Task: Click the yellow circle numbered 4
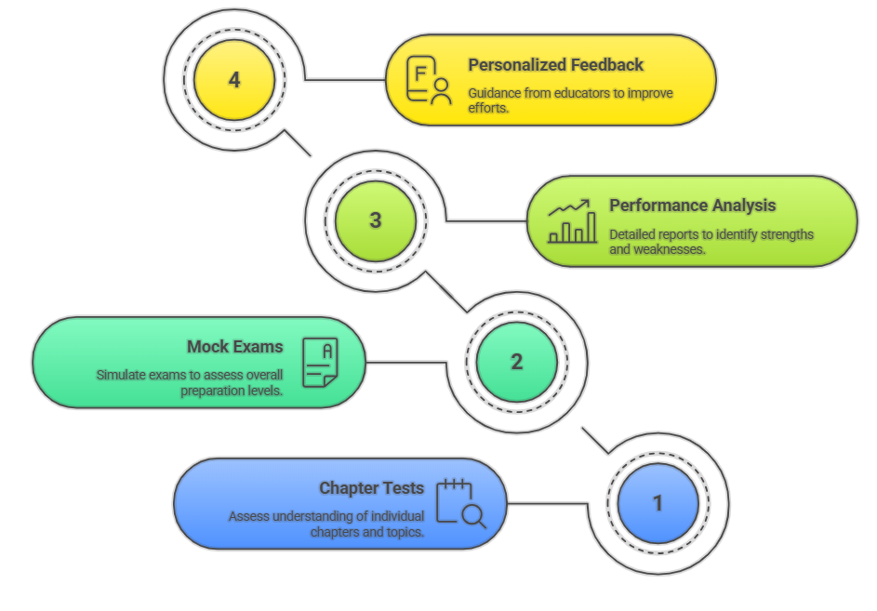(233, 80)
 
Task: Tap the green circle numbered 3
(375, 220)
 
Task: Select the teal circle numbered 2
(516, 362)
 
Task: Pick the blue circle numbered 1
(658, 503)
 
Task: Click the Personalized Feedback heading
(555, 65)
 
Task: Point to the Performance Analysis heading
(692, 206)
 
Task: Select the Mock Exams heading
(234, 347)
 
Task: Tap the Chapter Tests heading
(371, 488)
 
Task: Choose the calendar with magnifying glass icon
(460, 503)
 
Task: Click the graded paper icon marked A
(320, 362)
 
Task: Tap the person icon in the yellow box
(440, 91)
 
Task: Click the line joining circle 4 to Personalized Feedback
(345, 80)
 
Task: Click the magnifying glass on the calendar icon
(472, 514)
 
